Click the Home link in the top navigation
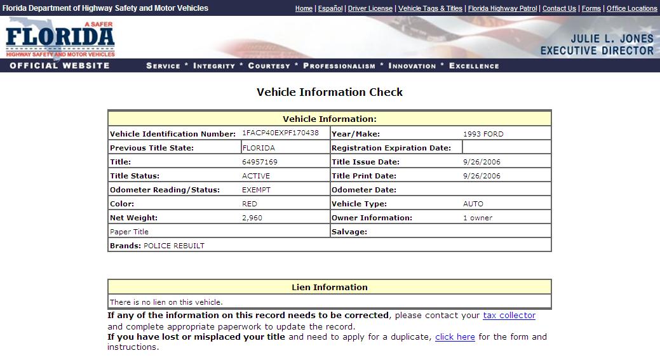[304, 8]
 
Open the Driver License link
[370, 8]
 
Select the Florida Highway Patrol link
[502, 8]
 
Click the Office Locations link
[631, 8]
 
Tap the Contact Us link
[559, 8]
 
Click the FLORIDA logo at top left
[60, 38]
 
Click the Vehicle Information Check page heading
[330, 92]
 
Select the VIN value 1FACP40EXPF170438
[280, 133]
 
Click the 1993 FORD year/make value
[483, 134]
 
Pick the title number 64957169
[260, 162]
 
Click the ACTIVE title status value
[256, 176]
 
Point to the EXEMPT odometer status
[257, 190]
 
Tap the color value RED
[250, 204]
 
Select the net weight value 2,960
[252, 218]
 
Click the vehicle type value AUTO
[473, 204]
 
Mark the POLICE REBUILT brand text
[174, 246]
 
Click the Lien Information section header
[329, 287]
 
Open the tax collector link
[509, 316]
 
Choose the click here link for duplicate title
[455, 337]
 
